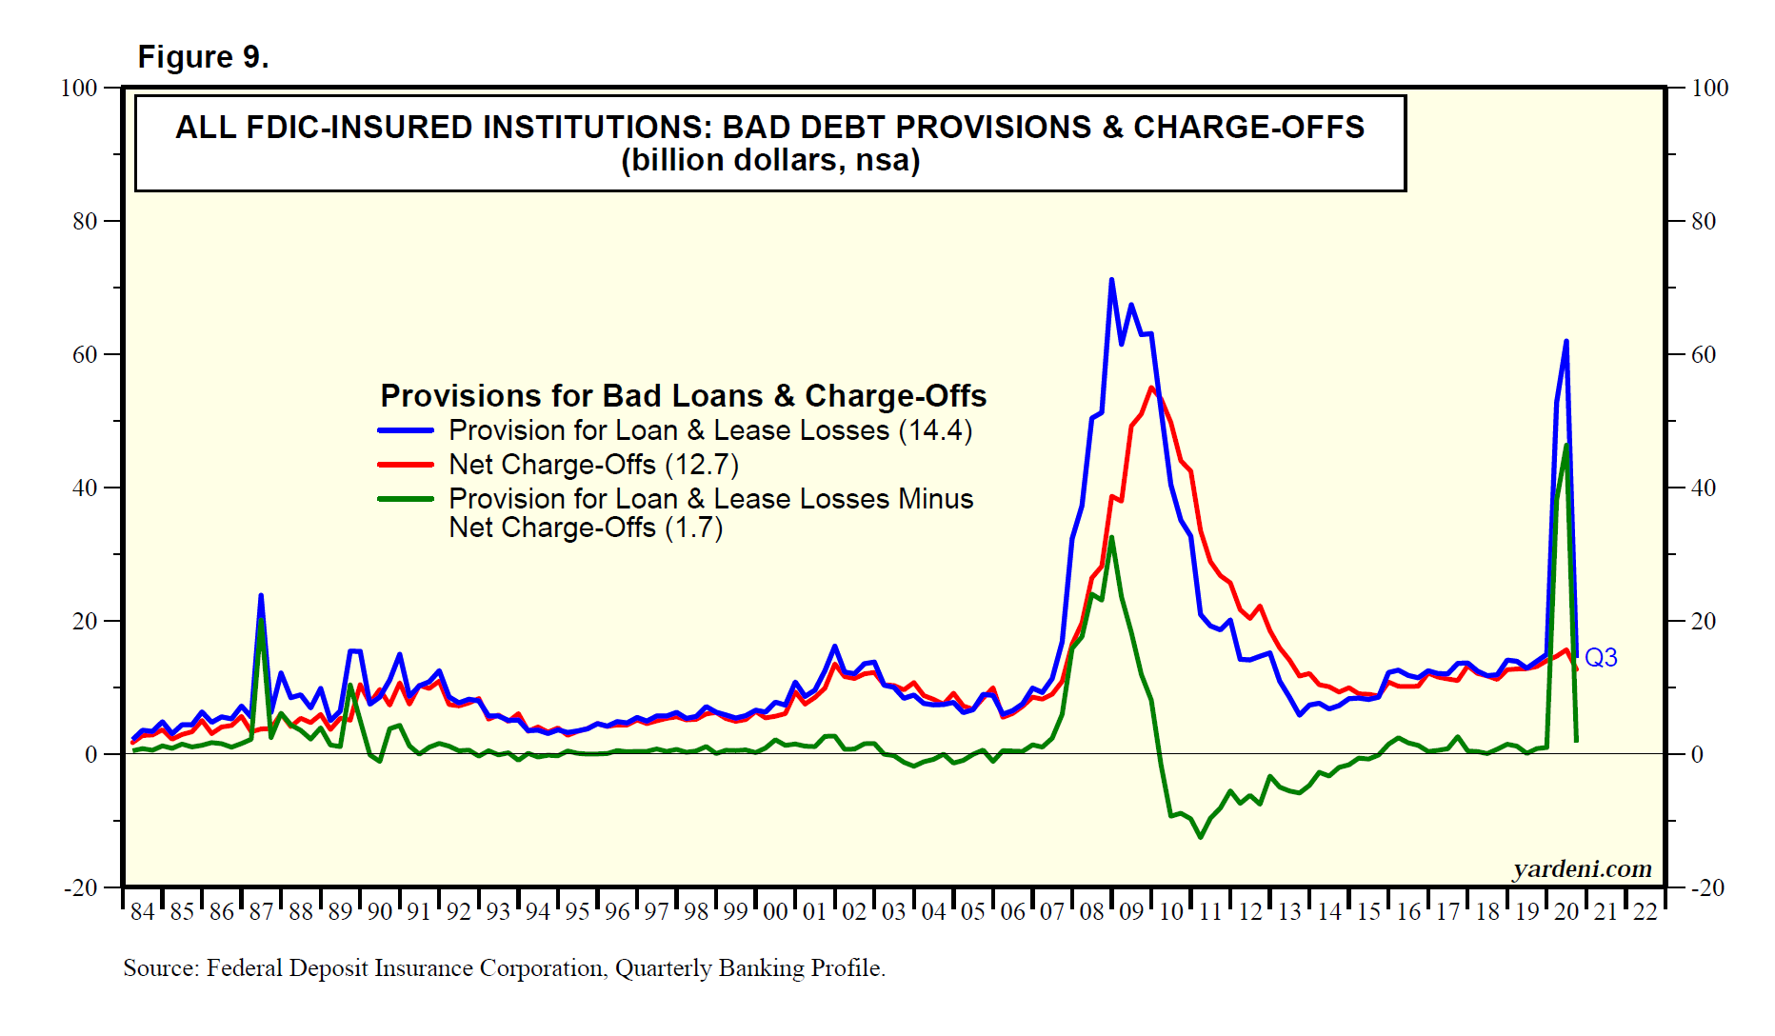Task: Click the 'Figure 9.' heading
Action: [x=203, y=57]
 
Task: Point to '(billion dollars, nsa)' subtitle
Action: [x=769, y=161]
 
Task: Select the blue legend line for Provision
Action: [x=406, y=430]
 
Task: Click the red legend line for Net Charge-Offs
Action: [x=406, y=465]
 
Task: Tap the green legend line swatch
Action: [x=406, y=499]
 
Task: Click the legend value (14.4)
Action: [x=935, y=430]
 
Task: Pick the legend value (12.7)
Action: [x=702, y=465]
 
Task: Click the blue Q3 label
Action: [x=1601, y=658]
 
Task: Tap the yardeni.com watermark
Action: [x=1582, y=868]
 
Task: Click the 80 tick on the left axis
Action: [x=85, y=221]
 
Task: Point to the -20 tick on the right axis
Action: [x=1707, y=887]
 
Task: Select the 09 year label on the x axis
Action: [x=1130, y=912]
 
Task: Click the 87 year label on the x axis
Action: [x=261, y=912]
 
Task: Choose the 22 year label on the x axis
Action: [x=1645, y=912]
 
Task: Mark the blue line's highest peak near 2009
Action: [x=1111, y=280]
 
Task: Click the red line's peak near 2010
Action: [x=1151, y=388]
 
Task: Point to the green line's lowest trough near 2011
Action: [x=1201, y=837]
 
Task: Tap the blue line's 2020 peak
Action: [x=1566, y=341]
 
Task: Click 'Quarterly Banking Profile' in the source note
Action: [x=749, y=968]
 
